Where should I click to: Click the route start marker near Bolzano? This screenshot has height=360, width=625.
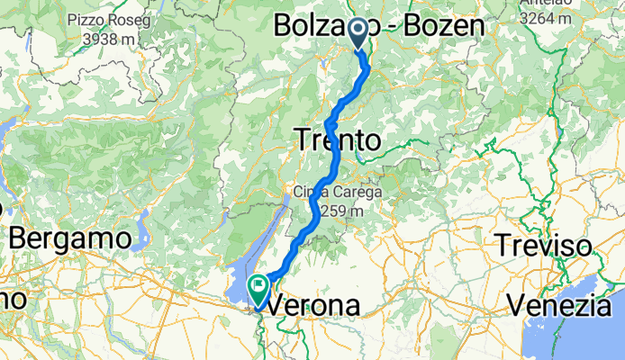358,32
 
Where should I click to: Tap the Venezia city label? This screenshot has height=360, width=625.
566,306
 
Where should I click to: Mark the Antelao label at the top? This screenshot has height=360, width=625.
543,3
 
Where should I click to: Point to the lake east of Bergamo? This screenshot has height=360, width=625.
141,236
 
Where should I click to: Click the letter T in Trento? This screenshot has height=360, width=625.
303,140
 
